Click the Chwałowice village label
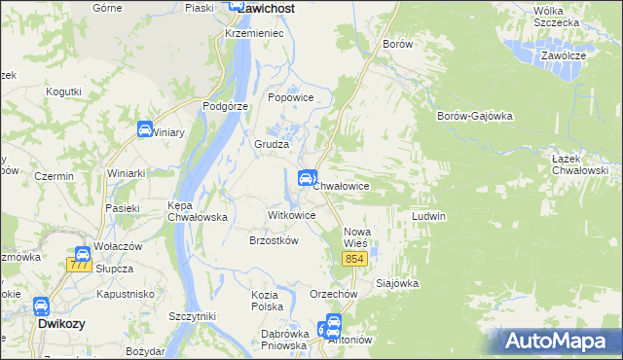[x=341, y=185]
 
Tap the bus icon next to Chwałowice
[x=306, y=178]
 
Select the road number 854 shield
[x=353, y=258]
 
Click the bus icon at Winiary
[x=145, y=130]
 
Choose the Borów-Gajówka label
[x=475, y=116]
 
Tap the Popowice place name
[x=290, y=97]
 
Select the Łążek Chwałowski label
[x=578, y=164]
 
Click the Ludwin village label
[x=428, y=215]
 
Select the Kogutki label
[x=63, y=91]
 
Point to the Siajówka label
[x=396, y=284]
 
